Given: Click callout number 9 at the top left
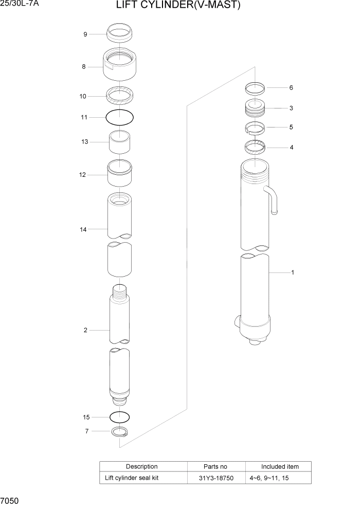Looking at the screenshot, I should [85, 34].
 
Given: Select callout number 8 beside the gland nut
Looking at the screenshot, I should [83, 67].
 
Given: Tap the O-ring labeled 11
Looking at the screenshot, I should [119, 118].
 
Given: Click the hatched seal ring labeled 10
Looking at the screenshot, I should [119, 96].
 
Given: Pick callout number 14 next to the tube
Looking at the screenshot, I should [83, 229].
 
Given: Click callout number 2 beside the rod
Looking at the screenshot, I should [85, 330].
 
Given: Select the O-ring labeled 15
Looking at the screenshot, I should [119, 417].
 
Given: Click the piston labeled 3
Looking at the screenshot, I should [255, 109].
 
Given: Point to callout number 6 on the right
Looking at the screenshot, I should [291, 88].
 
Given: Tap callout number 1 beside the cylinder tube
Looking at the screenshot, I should [293, 272].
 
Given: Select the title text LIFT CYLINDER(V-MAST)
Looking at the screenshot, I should [178, 6].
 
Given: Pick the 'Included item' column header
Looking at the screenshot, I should [280, 466].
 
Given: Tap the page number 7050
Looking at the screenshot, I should [10, 501].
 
